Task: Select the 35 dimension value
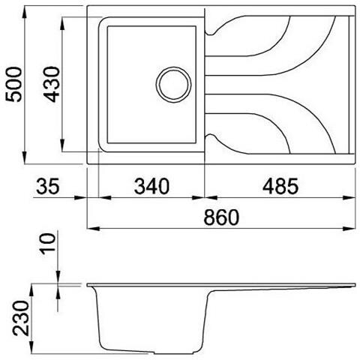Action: pos(47,184)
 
